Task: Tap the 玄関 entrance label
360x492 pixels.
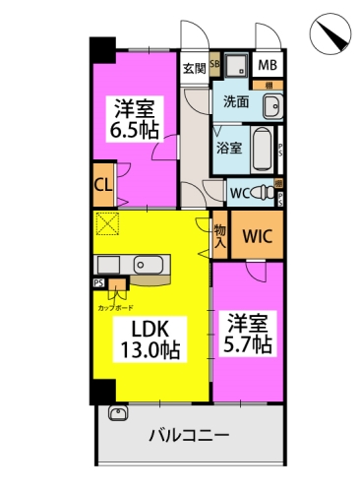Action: [194, 68]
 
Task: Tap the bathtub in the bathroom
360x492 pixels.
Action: [261, 149]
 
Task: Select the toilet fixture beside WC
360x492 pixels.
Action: [264, 191]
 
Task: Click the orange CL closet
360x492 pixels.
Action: [102, 183]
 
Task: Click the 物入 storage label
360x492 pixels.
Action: [220, 235]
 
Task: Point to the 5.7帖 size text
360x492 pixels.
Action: [248, 344]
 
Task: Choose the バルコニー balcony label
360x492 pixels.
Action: [190, 433]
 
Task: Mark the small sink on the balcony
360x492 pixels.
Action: [119, 414]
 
